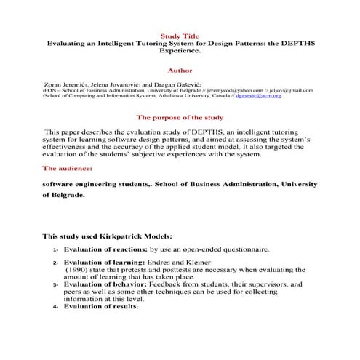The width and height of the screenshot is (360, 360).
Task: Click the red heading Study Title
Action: pos(179,36)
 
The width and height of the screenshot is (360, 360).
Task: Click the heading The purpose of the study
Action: pos(179,118)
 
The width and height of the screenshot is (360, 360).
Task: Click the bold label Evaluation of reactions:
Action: pos(104,249)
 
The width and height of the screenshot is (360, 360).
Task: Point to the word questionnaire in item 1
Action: pos(244,249)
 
